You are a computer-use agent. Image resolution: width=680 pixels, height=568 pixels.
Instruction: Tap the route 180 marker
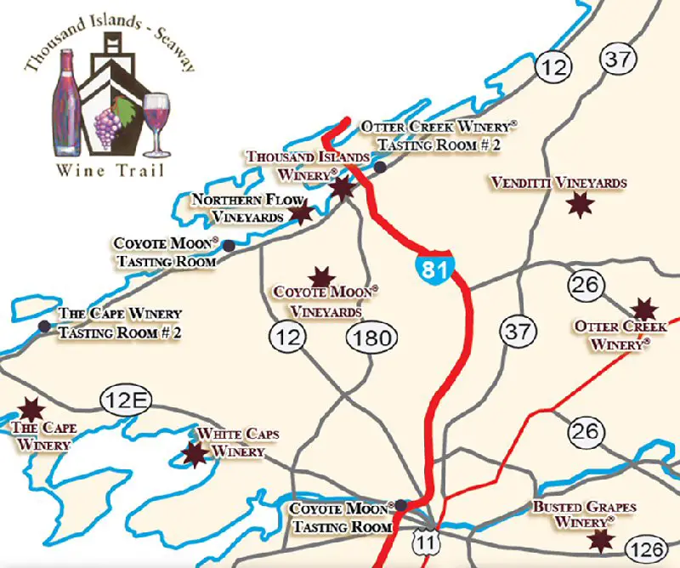tap(371, 338)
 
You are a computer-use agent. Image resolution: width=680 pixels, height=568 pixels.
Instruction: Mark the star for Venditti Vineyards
tap(580, 204)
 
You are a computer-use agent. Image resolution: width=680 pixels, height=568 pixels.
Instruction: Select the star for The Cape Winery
tap(32, 409)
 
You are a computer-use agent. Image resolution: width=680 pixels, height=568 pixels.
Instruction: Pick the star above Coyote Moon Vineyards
tap(321, 276)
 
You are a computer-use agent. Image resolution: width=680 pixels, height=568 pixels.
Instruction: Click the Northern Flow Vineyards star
tap(301, 212)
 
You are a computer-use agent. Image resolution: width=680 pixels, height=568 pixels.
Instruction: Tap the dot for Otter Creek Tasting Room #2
tap(381, 167)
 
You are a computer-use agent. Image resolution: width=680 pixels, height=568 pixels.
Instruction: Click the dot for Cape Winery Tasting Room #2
tap(43, 327)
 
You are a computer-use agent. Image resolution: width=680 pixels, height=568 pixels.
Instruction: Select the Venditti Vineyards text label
tap(558, 183)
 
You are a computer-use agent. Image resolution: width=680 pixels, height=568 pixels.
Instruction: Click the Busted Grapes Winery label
tap(584, 514)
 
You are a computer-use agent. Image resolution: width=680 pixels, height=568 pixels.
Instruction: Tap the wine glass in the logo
tap(156, 119)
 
